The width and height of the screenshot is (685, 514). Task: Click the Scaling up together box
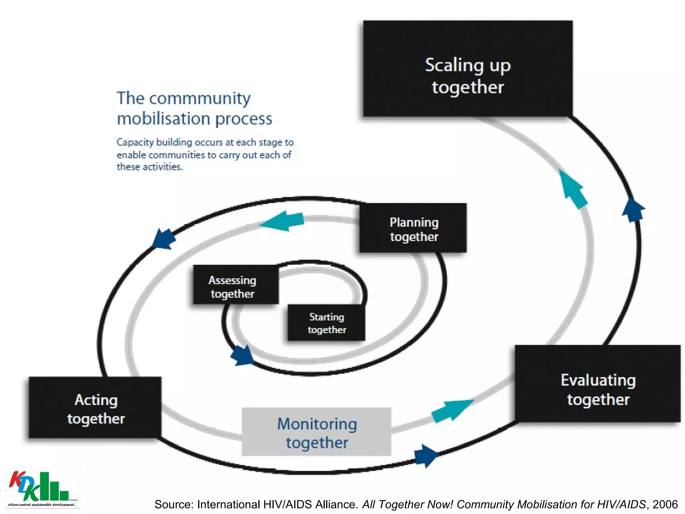(468, 69)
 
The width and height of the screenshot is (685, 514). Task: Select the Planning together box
(413, 228)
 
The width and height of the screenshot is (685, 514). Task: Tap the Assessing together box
(235, 285)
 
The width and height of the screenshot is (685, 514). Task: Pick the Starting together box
(326, 323)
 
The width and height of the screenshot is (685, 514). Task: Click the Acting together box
(95, 408)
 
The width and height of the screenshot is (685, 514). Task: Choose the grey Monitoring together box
(316, 432)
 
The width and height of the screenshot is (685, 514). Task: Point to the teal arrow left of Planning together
(283, 221)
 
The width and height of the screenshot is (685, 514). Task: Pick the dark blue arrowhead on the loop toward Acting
(163, 239)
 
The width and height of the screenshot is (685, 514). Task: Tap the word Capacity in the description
(135, 142)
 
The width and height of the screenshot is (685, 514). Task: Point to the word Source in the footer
(174, 504)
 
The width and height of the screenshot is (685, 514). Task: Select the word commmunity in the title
(200, 99)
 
